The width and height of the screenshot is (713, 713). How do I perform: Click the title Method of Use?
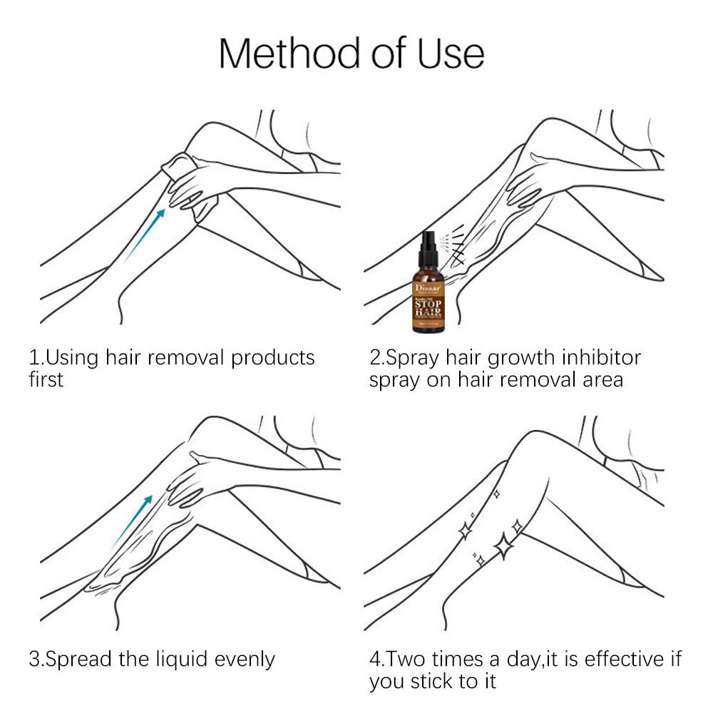[352, 53]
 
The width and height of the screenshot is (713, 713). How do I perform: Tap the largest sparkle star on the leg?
[504, 545]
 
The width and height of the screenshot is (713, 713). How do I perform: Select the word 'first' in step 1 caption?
[46, 379]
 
